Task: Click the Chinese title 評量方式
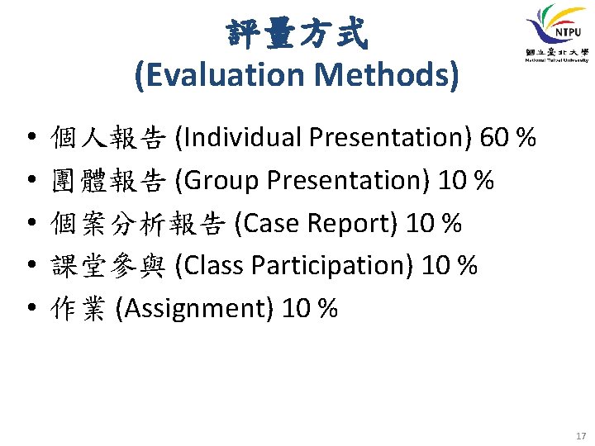tap(297, 34)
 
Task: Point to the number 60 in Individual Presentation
tap(494, 137)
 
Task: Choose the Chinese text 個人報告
tap(108, 137)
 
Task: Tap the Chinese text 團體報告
tap(108, 180)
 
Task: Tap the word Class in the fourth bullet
tap(212, 266)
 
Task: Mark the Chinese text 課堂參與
tap(108, 266)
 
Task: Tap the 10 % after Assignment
tap(310, 309)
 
